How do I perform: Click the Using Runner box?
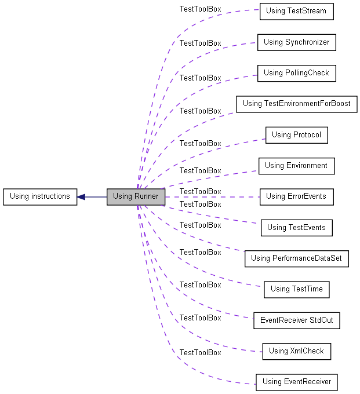pos(136,197)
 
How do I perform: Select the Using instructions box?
pos(40,197)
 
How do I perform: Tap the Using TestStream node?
pos(297,12)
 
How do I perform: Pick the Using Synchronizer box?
pos(297,42)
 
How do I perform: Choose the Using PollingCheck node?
pos(297,73)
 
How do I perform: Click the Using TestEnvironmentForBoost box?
pos(297,104)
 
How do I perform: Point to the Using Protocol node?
pos(297,135)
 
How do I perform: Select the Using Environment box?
pos(297,166)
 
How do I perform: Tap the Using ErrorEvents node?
pos(297,197)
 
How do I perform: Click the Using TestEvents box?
pos(297,228)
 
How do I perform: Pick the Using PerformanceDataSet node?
pos(297,258)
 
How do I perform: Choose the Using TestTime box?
pos(297,290)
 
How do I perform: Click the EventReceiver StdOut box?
pos(297,320)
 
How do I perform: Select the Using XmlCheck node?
pos(297,351)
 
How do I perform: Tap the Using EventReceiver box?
pos(297,382)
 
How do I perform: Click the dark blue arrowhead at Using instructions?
pos(81,197)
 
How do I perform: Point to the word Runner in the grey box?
pos(147,196)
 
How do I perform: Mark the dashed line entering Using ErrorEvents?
pos(212,197)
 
